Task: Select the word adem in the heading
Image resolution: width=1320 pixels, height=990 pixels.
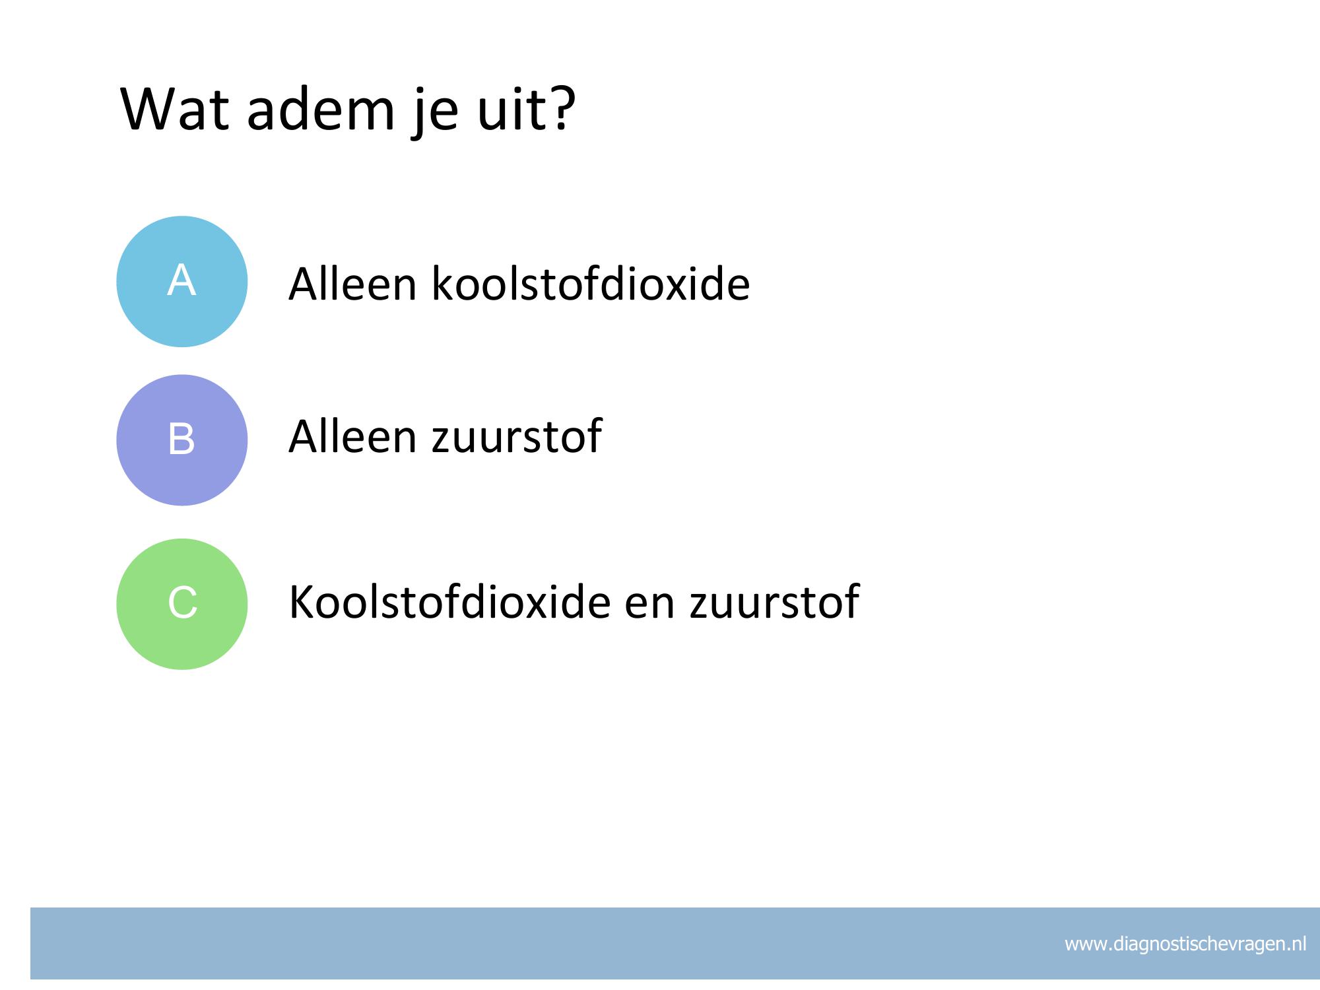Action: click(x=321, y=108)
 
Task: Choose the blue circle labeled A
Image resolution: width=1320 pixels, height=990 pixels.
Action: click(x=182, y=281)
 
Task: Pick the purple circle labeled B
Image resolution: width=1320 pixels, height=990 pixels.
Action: click(x=182, y=440)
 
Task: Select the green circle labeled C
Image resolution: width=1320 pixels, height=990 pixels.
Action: click(x=182, y=604)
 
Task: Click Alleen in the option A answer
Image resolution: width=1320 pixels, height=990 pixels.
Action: click(x=352, y=284)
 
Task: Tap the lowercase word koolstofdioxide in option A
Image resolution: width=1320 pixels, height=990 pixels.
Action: click(x=591, y=284)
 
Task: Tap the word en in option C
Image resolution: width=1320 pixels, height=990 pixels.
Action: click(x=650, y=607)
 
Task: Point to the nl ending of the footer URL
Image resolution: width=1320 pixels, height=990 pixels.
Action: click(x=1298, y=944)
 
